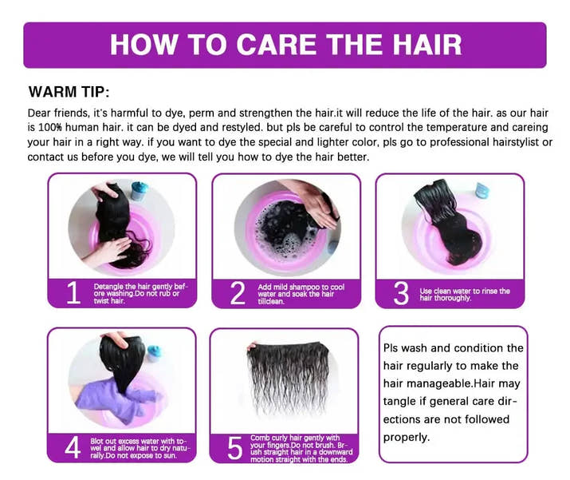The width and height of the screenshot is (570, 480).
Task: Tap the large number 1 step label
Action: coord(73,293)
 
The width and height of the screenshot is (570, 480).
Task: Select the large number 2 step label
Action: coord(237,293)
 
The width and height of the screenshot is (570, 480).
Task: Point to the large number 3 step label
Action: coord(401,293)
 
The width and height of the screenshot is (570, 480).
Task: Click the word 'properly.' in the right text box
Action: coord(407,437)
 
